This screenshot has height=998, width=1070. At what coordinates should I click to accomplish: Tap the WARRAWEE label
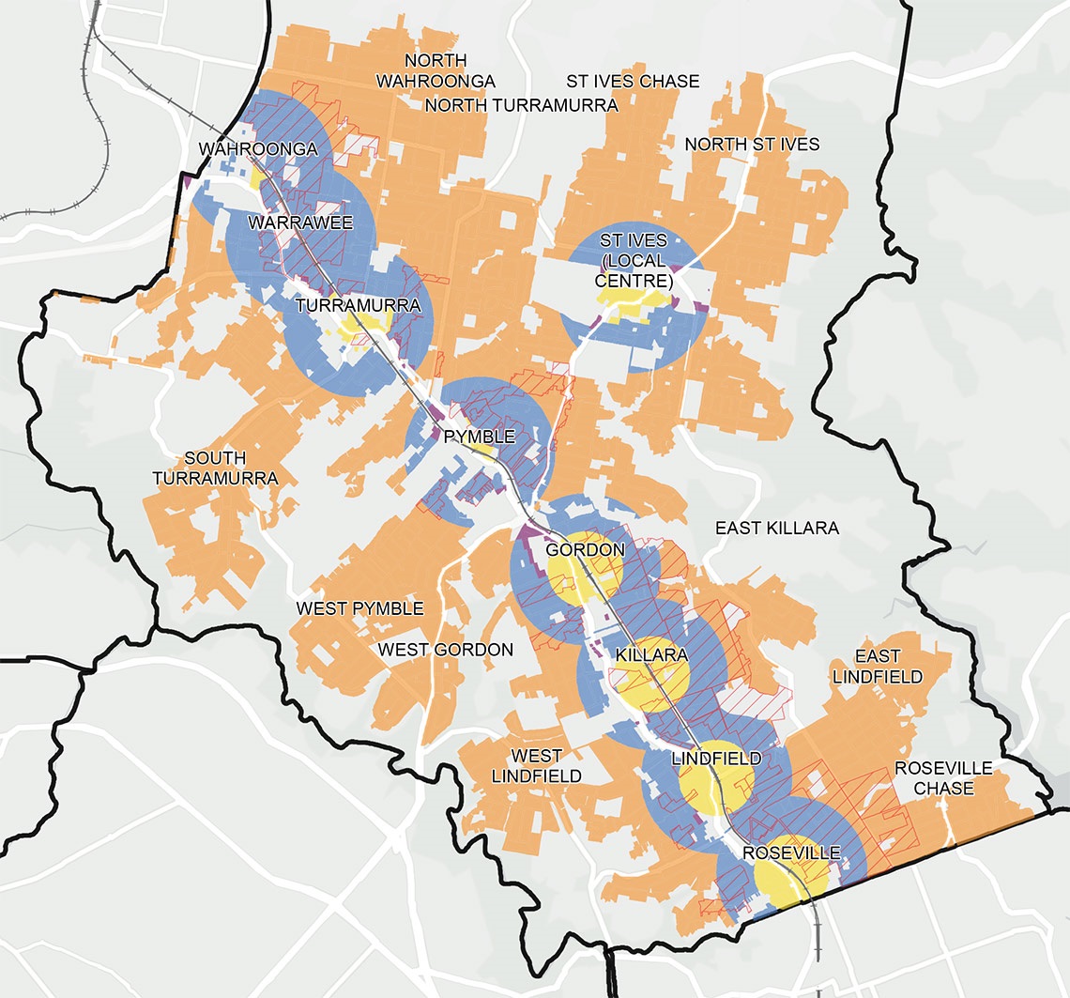[x=299, y=223]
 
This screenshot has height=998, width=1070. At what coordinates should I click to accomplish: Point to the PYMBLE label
[x=480, y=437]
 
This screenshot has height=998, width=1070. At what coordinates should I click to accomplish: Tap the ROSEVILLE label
[x=790, y=853]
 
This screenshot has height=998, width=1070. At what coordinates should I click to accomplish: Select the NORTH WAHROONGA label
[x=436, y=71]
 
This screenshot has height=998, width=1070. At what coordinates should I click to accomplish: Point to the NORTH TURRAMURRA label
[x=521, y=105]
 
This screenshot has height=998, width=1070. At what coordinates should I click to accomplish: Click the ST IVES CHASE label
[x=632, y=82]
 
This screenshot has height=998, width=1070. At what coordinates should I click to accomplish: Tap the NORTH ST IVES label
[x=752, y=145]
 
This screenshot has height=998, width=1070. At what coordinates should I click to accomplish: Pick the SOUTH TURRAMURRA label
[x=230, y=468]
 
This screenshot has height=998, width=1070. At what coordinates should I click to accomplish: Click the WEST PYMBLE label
[x=359, y=609]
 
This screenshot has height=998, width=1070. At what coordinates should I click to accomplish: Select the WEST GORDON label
[x=445, y=650]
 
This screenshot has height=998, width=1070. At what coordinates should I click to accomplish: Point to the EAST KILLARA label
[x=776, y=529]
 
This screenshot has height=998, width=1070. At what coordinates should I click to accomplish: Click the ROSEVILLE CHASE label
[x=942, y=778]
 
